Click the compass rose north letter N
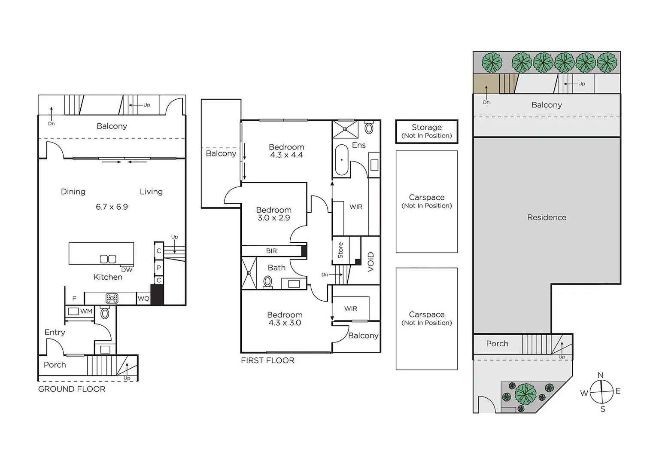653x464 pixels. pos(600,375)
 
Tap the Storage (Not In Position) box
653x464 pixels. pos(426,131)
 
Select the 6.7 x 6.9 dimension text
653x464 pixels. pos(112,207)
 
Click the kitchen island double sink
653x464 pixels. pos(108,259)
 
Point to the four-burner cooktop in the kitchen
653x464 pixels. pos(112,298)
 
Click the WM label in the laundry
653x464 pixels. pos(86,311)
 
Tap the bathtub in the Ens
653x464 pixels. pos(342,159)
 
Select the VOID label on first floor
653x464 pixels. pos(371,262)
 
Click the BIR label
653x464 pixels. pos(271,251)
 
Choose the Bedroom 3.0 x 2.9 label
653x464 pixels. pos(273,214)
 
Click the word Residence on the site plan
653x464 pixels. pos(547,217)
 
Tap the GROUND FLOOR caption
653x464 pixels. pos(72,389)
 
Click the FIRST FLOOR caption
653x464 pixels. pos(267,360)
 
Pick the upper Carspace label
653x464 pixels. pos(426,201)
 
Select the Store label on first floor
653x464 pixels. pos(340,250)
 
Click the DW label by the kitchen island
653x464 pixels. pos(127,270)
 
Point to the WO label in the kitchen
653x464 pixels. pos(143,298)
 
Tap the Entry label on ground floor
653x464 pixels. pos(55,332)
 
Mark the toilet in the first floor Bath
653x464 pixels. pos(268,282)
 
